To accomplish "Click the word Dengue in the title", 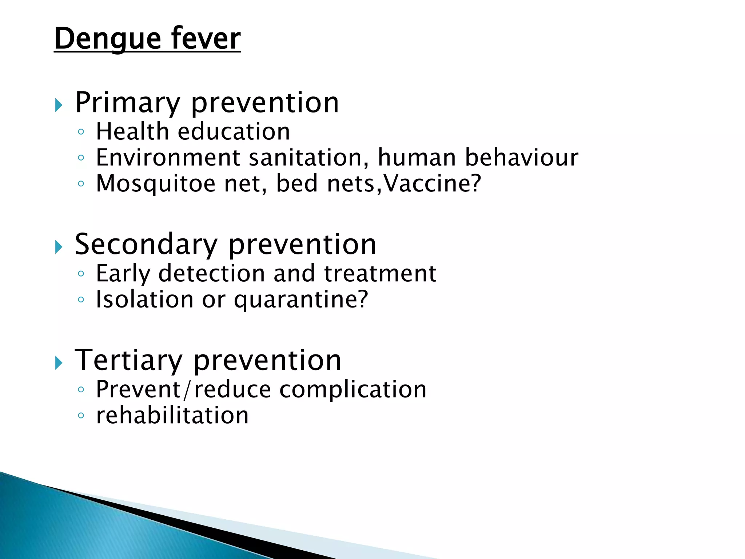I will (108, 39).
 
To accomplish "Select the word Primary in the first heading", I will (128, 103).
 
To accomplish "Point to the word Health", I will (132, 131).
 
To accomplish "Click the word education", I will (234, 131).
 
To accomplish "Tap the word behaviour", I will (522, 158).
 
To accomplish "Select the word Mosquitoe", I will (155, 183).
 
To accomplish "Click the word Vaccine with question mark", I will (433, 183).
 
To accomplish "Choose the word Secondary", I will (146, 245).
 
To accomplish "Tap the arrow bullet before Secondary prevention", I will (59, 247).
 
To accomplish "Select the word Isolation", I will (144, 300).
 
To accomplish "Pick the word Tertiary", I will (128, 360).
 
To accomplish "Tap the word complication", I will (353, 389).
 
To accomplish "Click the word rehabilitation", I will (172, 415).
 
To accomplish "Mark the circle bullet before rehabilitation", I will (81, 415).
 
